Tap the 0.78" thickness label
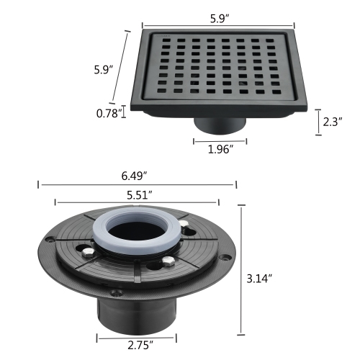pos(109,112)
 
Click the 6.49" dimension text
pos(136,175)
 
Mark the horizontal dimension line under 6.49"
pos(136,185)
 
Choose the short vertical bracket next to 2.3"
pos(318,122)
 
